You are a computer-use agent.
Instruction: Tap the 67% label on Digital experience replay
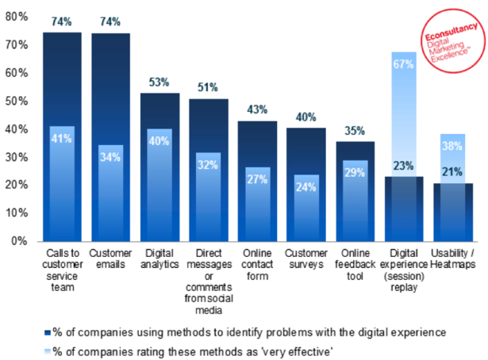pyautogui.click(x=403, y=63)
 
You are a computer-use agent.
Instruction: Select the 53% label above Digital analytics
pyautogui.click(x=159, y=82)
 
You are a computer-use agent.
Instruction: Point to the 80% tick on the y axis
pyautogui.click(x=17, y=17)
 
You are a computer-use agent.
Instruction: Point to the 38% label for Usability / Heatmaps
pyautogui.click(x=452, y=145)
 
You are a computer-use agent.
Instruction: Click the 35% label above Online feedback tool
pyautogui.click(x=355, y=131)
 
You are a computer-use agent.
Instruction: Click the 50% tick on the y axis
pyautogui.click(x=17, y=101)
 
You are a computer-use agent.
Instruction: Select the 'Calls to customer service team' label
pyautogui.click(x=63, y=270)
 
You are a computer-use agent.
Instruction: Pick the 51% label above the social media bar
pyautogui.click(x=209, y=87)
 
